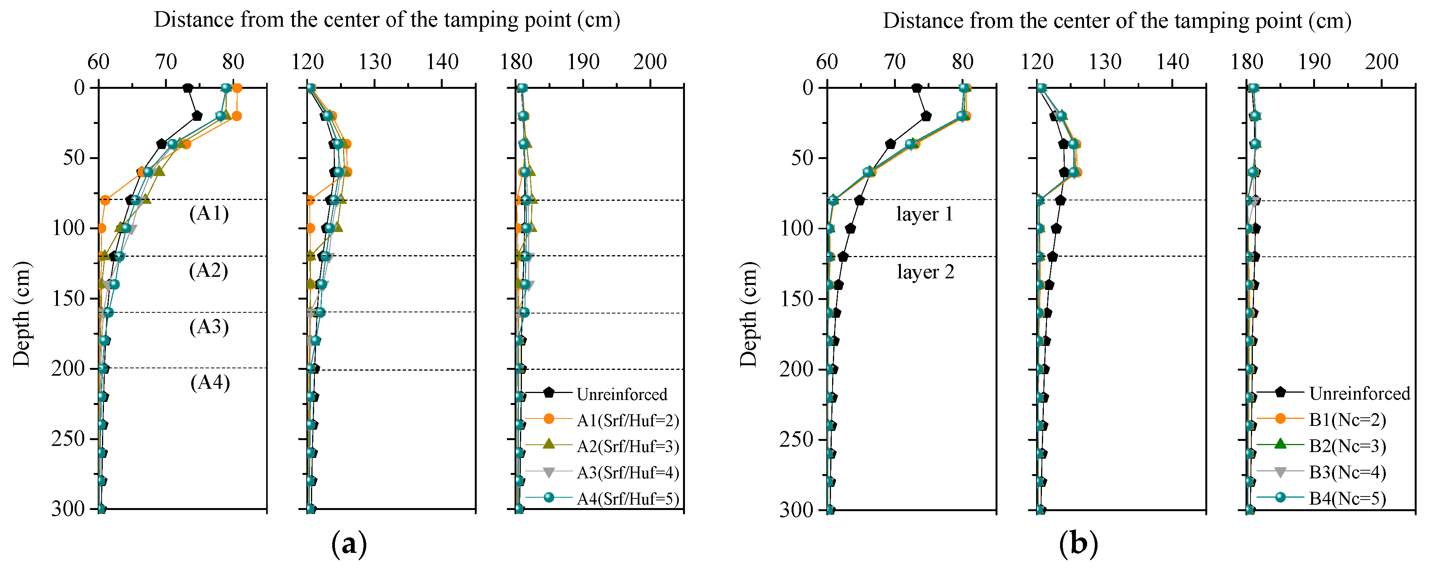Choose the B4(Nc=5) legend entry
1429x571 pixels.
coord(1347,498)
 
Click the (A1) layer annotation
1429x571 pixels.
coord(209,213)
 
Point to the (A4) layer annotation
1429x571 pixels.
coord(210,383)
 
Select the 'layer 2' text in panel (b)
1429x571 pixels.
coord(925,272)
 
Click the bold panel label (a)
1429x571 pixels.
coord(349,544)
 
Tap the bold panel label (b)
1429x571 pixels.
coord(1078,544)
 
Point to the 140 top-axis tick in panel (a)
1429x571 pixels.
coord(442,61)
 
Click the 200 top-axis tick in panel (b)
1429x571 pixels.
coord(1381,61)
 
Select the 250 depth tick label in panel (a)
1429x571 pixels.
coord(68,439)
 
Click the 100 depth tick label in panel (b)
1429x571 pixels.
coord(796,228)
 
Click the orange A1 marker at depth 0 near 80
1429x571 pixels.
coord(237,88)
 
